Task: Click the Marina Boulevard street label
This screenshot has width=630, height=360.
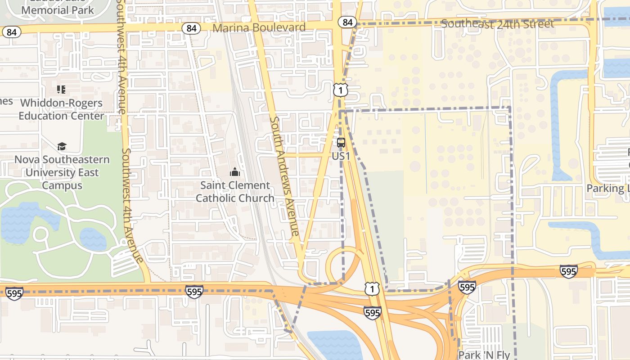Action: click(259, 28)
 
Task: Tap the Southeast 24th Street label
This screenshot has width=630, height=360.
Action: click(497, 24)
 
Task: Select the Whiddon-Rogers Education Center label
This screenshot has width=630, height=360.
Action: click(61, 109)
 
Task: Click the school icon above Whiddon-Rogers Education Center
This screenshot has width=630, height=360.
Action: click(61, 90)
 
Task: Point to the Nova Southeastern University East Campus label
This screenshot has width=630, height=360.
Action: click(62, 172)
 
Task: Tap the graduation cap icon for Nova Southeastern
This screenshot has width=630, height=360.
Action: click(62, 146)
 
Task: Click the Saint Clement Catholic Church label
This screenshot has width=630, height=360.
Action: click(235, 192)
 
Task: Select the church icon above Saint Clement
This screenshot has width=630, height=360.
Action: click(235, 172)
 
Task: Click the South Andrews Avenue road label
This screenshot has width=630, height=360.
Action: click(284, 176)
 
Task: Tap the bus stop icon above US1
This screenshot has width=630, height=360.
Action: click(341, 143)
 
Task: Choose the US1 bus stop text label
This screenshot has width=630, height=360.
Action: click(341, 156)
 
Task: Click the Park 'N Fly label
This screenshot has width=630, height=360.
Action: click(484, 355)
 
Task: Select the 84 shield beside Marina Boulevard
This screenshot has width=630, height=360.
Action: click(191, 28)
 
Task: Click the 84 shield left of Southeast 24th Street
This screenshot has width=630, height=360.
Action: click(347, 22)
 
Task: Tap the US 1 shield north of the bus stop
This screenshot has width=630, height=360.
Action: click(341, 90)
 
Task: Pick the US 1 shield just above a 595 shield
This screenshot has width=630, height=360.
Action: click(372, 288)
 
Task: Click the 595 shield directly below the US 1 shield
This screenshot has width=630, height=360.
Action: click(373, 312)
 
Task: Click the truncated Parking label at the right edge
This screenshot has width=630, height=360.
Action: click(607, 188)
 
